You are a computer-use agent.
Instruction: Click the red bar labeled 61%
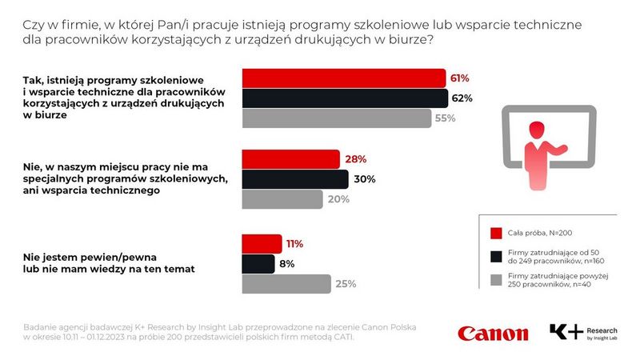[x=343, y=78]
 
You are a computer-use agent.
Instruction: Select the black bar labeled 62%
[x=345, y=98]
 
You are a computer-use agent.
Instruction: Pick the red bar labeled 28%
[x=291, y=159]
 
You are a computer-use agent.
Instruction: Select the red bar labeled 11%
[x=262, y=244]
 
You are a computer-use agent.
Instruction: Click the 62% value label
[x=462, y=98]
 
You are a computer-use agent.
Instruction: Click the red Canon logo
[x=493, y=333]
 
